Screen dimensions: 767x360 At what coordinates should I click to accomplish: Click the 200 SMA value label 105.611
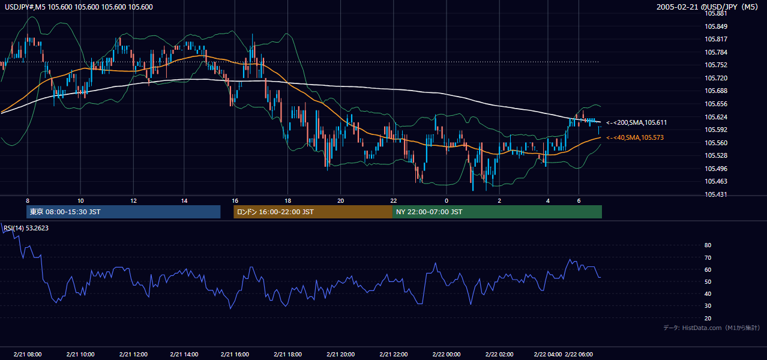click(636, 122)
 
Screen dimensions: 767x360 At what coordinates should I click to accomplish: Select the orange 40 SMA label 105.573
click(635, 137)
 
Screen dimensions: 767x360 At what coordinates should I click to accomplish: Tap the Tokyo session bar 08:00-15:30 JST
click(123, 212)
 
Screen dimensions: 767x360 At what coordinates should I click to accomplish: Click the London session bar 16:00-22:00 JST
click(313, 212)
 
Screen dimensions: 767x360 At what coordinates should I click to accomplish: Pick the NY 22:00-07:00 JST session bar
click(497, 212)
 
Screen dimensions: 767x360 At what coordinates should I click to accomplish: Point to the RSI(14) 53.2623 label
click(26, 228)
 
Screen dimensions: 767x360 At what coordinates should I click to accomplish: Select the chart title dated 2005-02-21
click(708, 7)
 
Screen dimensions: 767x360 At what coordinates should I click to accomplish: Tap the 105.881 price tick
click(716, 14)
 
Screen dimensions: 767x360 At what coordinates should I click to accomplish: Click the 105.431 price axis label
click(716, 194)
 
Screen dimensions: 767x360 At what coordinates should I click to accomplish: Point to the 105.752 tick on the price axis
click(716, 65)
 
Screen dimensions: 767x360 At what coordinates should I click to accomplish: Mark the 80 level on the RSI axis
click(708, 245)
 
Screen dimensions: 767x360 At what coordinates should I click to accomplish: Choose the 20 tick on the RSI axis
click(708, 318)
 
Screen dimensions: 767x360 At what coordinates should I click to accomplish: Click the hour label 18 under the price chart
click(287, 201)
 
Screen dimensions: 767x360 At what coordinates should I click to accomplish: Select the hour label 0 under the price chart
click(446, 201)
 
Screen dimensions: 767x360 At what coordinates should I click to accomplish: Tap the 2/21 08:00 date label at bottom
click(28, 354)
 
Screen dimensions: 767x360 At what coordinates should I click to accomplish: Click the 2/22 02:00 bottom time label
click(499, 354)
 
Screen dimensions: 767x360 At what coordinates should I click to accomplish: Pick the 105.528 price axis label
click(716, 156)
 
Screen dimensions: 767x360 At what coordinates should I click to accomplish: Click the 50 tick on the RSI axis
click(708, 281)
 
